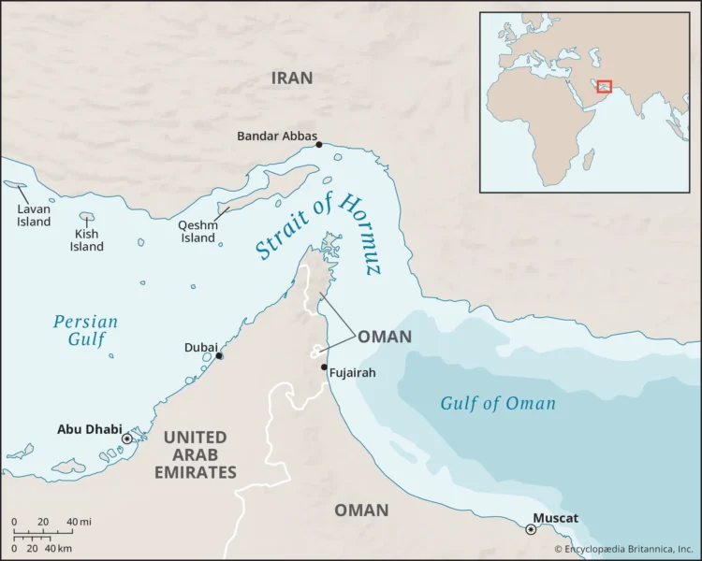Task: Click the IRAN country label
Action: pyautogui.click(x=292, y=78)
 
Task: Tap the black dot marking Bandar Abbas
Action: pyautogui.click(x=319, y=144)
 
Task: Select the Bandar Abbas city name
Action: pyautogui.click(x=276, y=136)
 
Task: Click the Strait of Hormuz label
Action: pyautogui.click(x=318, y=236)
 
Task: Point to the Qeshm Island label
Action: pyautogui.click(x=197, y=231)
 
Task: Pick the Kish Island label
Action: pyautogui.click(x=87, y=240)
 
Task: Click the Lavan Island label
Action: pyautogui.click(x=34, y=216)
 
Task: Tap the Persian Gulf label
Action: pyautogui.click(x=85, y=330)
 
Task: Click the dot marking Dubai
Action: pyautogui.click(x=219, y=355)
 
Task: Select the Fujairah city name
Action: pyautogui.click(x=352, y=373)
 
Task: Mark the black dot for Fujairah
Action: pyautogui.click(x=324, y=367)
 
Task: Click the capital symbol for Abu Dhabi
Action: pyautogui.click(x=127, y=439)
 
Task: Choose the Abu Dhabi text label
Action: pyautogui.click(x=89, y=430)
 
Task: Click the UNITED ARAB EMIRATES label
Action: pyautogui.click(x=195, y=454)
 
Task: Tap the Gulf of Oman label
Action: pyautogui.click(x=498, y=404)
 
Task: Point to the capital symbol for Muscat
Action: pyautogui.click(x=532, y=529)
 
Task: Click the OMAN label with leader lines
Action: pyautogui.click(x=384, y=337)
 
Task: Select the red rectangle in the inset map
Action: pyautogui.click(x=605, y=86)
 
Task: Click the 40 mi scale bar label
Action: pyautogui.click(x=79, y=522)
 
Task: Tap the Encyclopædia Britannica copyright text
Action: pyautogui.click(x=625, y=550)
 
